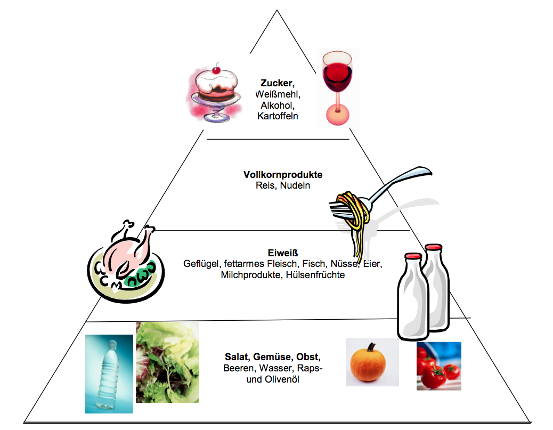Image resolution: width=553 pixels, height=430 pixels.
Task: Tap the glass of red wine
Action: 337,85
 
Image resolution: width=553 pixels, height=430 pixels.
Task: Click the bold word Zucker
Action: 277,83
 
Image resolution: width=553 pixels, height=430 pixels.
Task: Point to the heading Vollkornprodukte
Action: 283,175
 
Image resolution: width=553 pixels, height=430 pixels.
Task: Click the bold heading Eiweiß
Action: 282,253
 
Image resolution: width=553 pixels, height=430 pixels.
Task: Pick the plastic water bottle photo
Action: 109,373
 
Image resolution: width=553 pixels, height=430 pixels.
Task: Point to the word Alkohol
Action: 277,105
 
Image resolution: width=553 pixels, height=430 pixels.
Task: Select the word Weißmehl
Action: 278,94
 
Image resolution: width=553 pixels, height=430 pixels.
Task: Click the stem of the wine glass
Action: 336,106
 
